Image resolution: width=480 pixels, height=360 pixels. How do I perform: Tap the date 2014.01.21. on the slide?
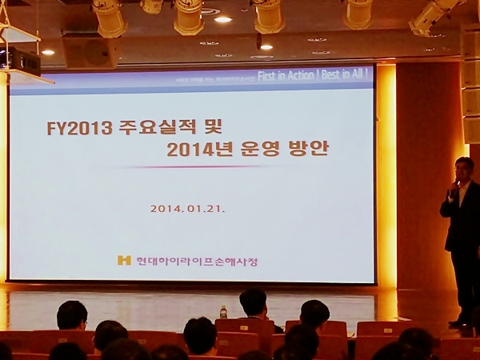click(188, 209)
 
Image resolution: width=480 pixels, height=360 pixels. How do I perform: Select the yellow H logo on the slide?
click(123, 261)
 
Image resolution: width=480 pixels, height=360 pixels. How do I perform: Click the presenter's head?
click(463, 169)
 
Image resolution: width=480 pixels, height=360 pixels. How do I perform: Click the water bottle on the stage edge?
click(223, 311)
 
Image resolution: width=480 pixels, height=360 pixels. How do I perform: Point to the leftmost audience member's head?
click(72, 315)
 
